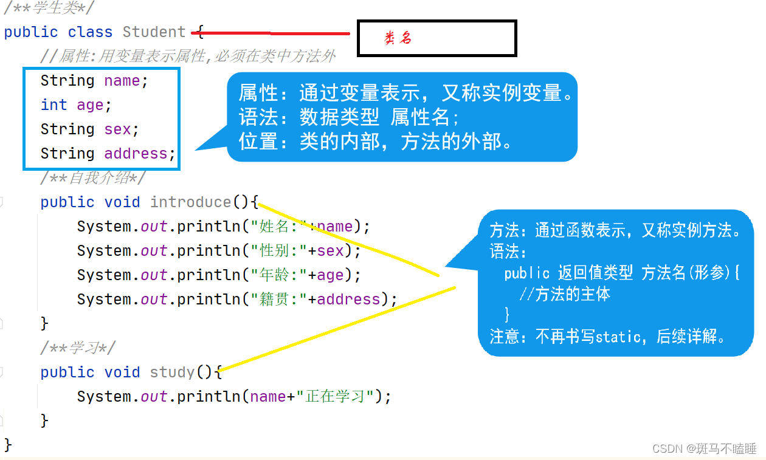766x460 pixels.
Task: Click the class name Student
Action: tap(154, 32)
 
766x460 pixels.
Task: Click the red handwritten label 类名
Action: tap(398, 38)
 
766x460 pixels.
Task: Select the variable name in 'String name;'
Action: tap(122, 80)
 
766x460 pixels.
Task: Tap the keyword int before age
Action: tap(53, 105)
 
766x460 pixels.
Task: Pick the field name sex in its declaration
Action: tap(117, 129)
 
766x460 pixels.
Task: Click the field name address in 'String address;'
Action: tap(136, 153)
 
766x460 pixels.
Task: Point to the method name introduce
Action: tap(190, 202)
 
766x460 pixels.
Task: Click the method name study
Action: tap(172, 372)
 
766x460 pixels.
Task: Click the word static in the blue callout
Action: tap(618, 337)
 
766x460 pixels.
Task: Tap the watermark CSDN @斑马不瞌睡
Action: tap(704, 448)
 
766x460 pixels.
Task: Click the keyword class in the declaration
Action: tap(90, 32)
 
